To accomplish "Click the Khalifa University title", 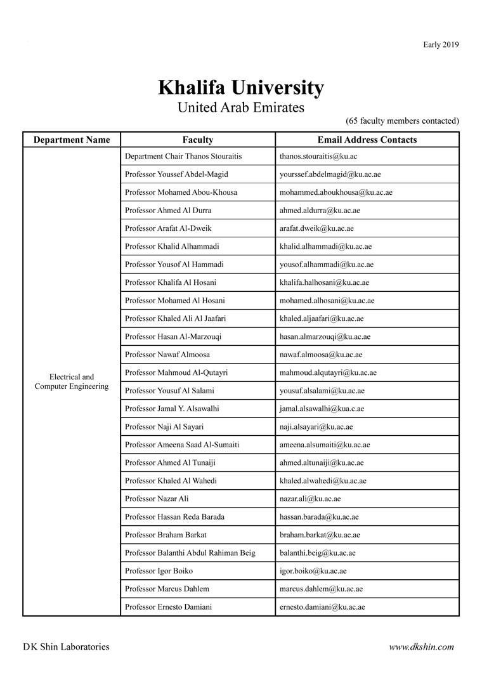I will click(x=240, y=87).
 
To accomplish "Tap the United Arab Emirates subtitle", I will click(x=240, y=107).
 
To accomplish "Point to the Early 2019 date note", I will click(x=441, y=44).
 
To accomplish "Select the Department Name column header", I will click(x=72, y=140).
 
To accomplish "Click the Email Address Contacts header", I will click(x=367, y=140).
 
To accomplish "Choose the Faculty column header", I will click(x=198, y=140).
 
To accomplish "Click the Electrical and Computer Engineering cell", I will click(x=72, y=381).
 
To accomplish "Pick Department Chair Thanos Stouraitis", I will click(x=183, y=156).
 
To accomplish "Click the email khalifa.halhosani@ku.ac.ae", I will click(x=324, y=282).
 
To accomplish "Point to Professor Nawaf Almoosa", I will click(x=167, y=355).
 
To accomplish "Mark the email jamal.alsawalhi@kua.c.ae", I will click(x=322, y=409).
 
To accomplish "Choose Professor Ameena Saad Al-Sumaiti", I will click(x=182, y=445).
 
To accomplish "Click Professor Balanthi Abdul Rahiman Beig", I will click(x=190, y=553).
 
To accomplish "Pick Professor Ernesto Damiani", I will click(x=169, y=607).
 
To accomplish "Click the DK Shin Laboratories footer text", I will click(x=66, y=647).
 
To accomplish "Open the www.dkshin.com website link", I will click(x=421, y=647).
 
